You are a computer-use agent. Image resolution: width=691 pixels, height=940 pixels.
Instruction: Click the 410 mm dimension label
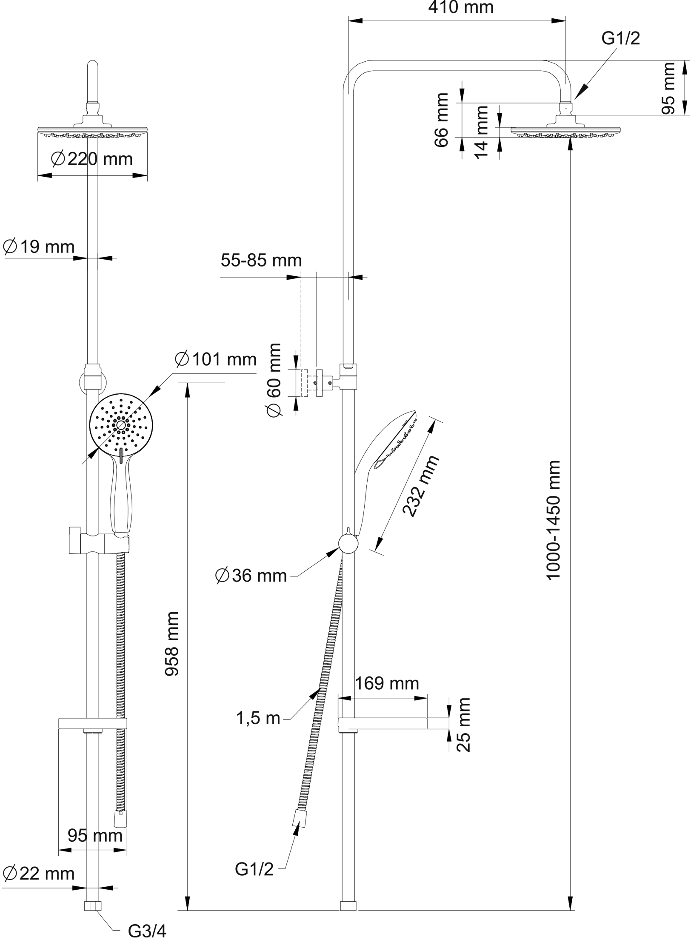(x=461, y=8)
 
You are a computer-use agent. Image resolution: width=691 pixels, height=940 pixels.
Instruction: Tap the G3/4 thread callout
(x=147, y=931)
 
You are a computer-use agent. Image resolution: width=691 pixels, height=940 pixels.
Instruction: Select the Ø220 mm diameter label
(x=92, y=159)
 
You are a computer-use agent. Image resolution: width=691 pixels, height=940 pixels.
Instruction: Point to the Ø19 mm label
(x=39, y=247)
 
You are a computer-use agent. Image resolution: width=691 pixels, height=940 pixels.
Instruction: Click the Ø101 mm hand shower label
(x=216, y=360)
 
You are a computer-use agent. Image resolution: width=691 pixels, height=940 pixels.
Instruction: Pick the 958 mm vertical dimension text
(x=172, y=643)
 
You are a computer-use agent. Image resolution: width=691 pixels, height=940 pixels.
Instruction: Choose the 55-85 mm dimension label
(x=261, y=260)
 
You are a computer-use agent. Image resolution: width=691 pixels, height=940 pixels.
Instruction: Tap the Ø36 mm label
(x=251, y=576)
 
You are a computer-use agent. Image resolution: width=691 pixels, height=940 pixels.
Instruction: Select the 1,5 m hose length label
(x=258, y=719)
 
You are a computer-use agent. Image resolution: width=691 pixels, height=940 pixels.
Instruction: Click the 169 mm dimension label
(x=387, y=683)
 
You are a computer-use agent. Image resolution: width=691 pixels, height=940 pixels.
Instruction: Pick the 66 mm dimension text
(x=442, y=120)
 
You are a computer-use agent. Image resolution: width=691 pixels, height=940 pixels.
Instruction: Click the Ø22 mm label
(x=39, y=874)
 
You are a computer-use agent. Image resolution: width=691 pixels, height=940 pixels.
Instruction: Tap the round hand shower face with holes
(x=121, y=425)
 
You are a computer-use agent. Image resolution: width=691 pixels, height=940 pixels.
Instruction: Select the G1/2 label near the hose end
(x=254, y=869)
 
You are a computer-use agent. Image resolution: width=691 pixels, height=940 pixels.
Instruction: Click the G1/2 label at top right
(x=620, y=39)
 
